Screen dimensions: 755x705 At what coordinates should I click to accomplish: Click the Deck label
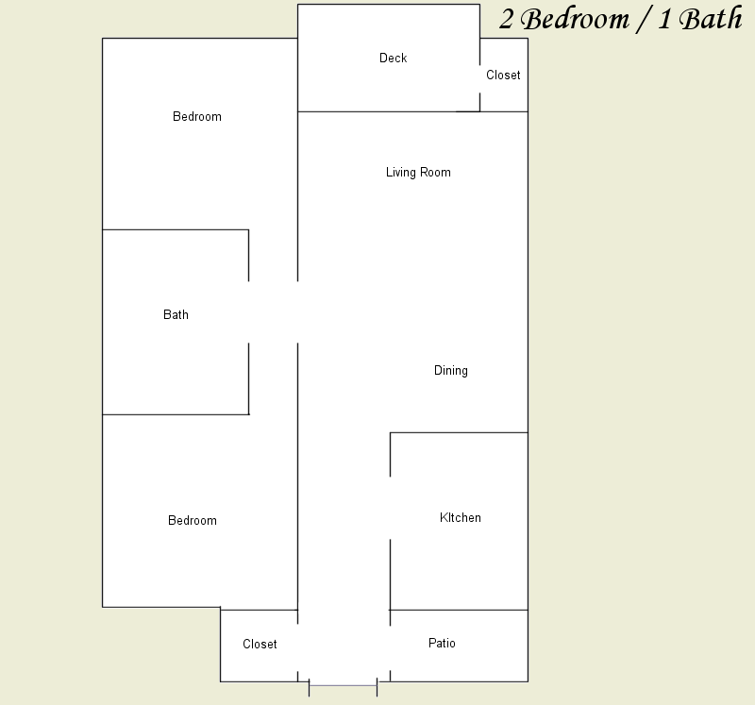click(393, 58)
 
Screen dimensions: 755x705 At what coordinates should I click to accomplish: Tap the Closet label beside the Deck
click(503, 76)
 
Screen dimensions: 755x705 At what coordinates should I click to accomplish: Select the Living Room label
click(418, 173)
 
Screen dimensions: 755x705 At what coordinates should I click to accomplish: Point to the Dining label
click(451, 370)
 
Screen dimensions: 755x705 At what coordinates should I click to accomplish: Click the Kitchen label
click(460, 518)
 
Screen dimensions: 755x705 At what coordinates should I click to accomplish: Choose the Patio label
click(442, 644)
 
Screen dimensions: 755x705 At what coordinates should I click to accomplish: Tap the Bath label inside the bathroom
click(176, 315)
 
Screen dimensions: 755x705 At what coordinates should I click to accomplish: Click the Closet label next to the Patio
click(260, 645)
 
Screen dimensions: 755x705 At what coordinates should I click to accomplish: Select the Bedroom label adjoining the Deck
click(197, 116)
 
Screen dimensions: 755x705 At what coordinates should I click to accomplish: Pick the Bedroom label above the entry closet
click(193, 521)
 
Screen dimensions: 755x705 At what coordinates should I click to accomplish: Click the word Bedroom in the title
click(575, 19)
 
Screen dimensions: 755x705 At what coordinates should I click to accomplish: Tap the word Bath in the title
click(711, 18)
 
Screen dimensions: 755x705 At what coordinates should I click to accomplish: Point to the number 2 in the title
click(506, 20)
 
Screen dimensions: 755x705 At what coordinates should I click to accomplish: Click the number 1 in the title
click(664, 20)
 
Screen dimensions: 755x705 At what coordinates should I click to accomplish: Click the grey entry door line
click(343, 685)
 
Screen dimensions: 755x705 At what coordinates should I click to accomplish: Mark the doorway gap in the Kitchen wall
click(390, 508)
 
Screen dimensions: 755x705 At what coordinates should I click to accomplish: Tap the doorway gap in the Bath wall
click(248, 312)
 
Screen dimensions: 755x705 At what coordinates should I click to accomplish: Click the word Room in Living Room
click(435, 173)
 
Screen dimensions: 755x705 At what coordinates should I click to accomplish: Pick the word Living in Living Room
click(400, 173)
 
